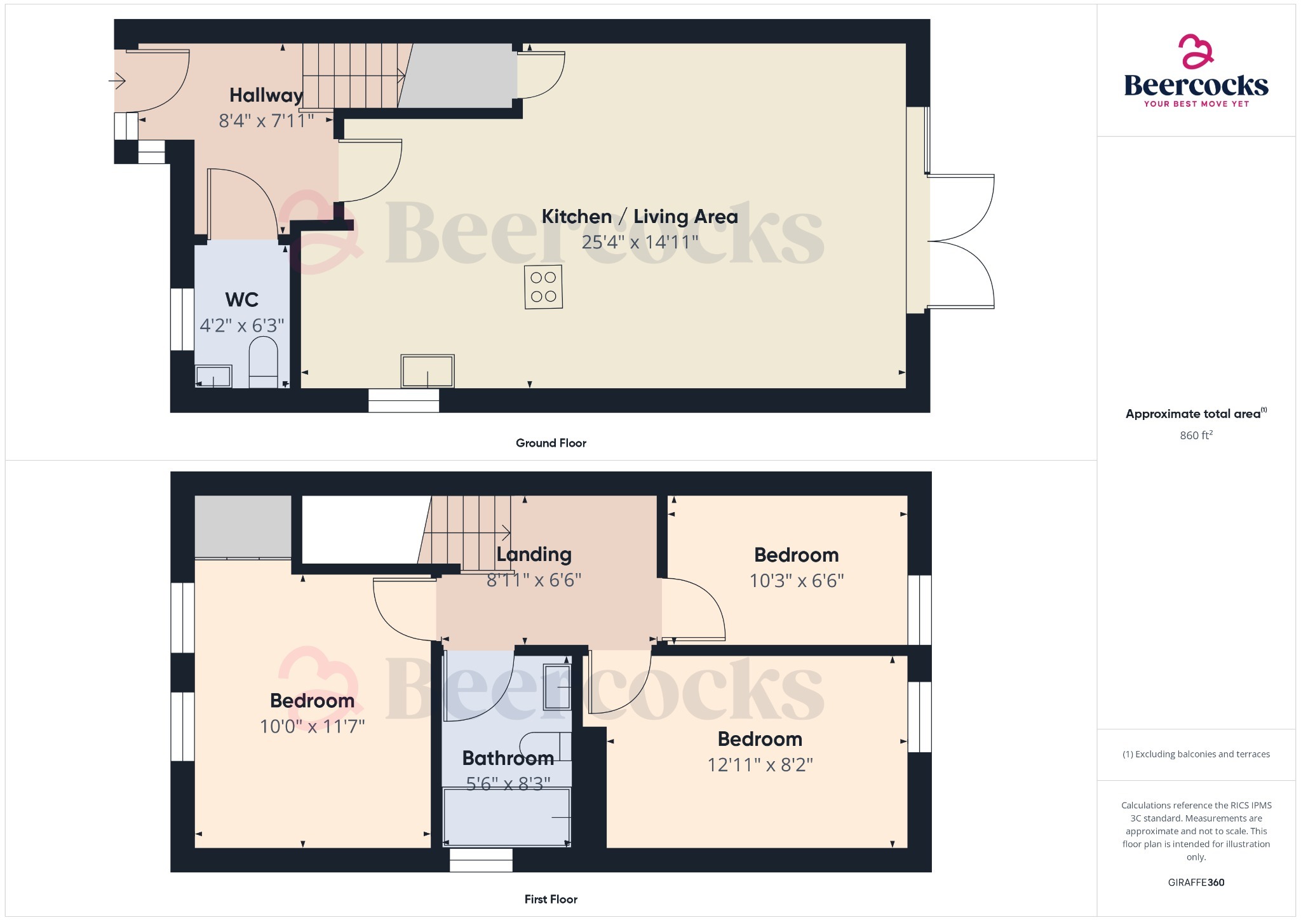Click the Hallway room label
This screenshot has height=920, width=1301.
click(x=266, y=95)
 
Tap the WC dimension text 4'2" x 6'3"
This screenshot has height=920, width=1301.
click(x=241, y=325)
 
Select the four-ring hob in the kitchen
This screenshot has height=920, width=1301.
click(x=543, y=287)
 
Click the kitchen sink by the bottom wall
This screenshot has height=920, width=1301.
click(x=428, y=371)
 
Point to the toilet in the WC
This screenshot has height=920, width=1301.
click(x=263, y=362)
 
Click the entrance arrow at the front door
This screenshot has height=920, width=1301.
click(x=118, y=81)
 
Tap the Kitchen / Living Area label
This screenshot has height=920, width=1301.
click(x=639, y=217)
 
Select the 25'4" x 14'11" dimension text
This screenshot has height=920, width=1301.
click(x=639, y=242)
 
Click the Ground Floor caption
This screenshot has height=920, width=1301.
click(x=551, y=443)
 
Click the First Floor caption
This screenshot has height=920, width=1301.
click(x=551, y=899)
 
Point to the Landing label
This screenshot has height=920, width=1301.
click(x=534, y=555)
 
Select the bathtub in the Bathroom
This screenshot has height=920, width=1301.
click(x=506, y=817)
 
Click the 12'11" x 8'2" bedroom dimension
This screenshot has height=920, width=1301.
click(x=760, y=764)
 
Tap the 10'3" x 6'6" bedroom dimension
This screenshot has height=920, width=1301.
click(x=796, y=581)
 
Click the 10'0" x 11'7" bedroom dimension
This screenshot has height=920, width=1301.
click(x=312, y=726)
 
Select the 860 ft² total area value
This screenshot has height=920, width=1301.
click(x=1196, y=435)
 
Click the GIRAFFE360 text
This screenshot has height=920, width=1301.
click(x=1196, y=882)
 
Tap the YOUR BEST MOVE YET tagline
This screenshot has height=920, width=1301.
click(x=1196, y=104)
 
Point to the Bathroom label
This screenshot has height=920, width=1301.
click(x=508, y=758)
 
